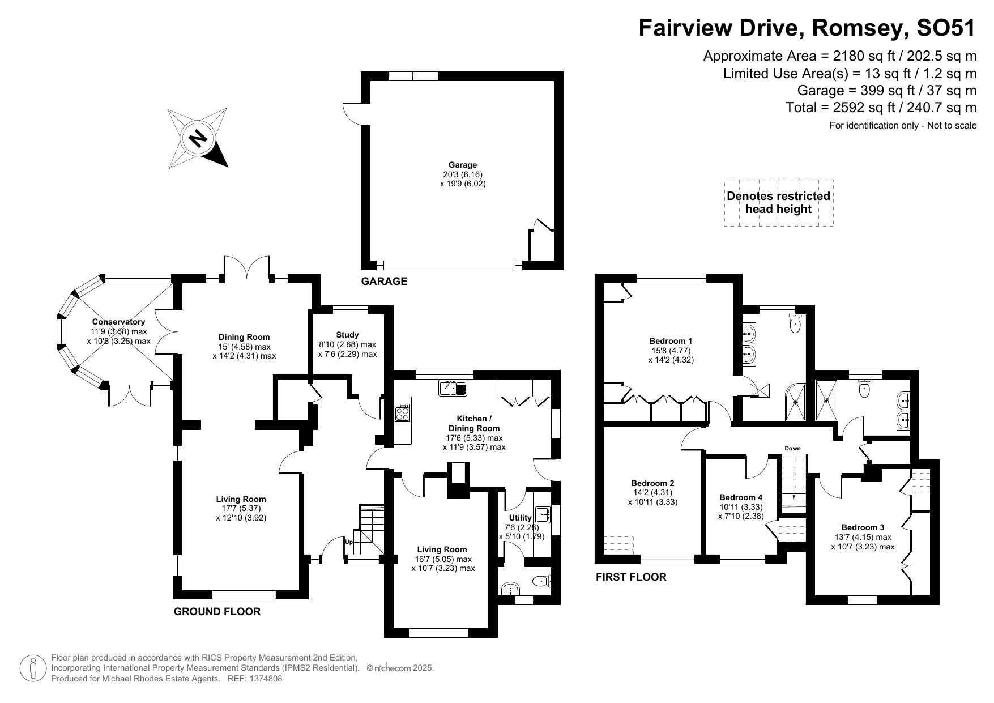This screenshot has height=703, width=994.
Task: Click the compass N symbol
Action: click(x=198, y=138)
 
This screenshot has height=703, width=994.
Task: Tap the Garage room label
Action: click(x=463, y=165)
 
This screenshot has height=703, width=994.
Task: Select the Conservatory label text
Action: click(x=118, y=322)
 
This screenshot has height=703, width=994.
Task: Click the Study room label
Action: click(x=347, y=335)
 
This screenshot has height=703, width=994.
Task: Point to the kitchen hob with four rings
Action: click(x=402, y=412)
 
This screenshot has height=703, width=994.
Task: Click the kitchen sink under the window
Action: click(x=453, y=388)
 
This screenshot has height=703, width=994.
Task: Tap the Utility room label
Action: click(x=520, y=518)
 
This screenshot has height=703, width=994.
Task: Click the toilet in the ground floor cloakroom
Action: click(x=542, y=581)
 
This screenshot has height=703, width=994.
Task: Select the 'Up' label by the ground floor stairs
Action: click(x=349, y=542)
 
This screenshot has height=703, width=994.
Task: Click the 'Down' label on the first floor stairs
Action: click(x=792, y=449)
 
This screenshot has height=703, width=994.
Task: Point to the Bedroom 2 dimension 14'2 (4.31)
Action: click(x=652, y=493)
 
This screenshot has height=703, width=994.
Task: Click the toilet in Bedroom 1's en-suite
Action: click(x=796, y=325)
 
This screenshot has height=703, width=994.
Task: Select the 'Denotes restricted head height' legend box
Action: click(x=779, y=203)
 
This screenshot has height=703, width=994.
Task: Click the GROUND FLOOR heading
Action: click(x=217, y=612)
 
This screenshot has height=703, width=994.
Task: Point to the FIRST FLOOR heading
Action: click(x=631, y=577)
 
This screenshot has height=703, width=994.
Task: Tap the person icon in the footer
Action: click(x=33, y=668)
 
